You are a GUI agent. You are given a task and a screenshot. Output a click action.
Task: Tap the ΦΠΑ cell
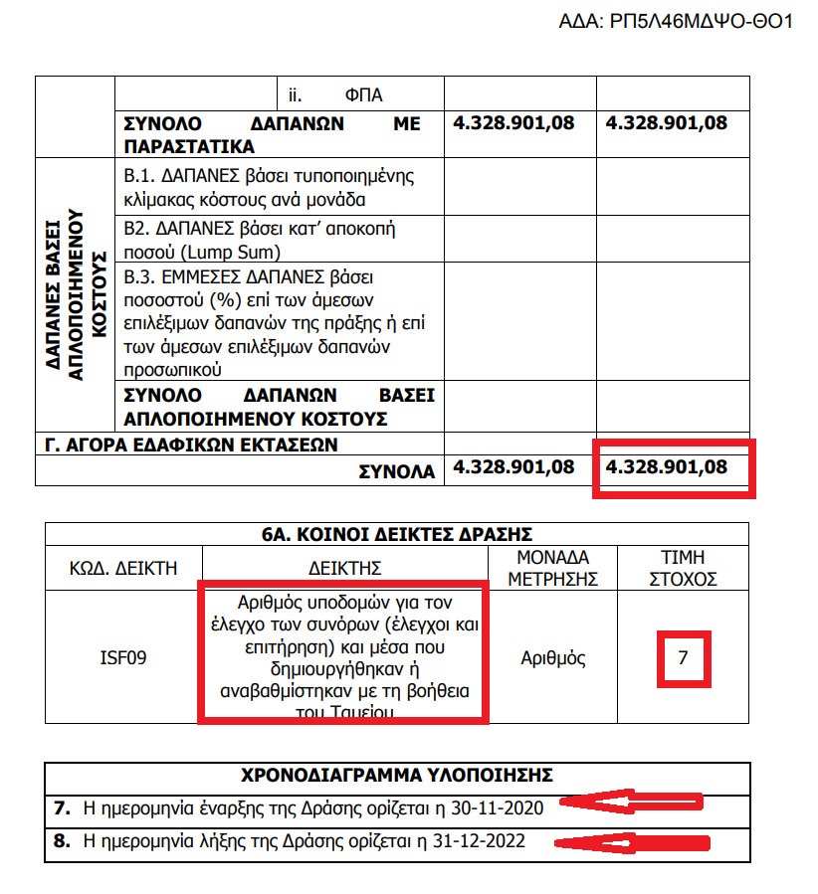tap(363, 95)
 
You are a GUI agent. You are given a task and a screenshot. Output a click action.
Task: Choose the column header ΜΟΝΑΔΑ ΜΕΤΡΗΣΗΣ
tap(555, 568)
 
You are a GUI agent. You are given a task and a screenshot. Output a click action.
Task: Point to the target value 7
tap(683, 657)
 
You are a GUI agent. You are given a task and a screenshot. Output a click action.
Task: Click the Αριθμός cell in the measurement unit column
tap(553, 657)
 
